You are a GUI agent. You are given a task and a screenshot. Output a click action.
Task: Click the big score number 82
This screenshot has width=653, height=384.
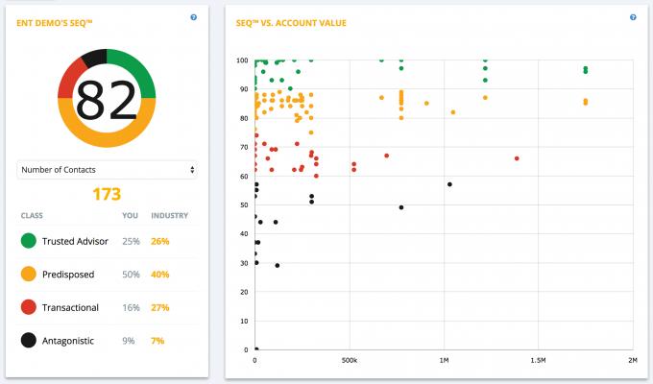[107, 98]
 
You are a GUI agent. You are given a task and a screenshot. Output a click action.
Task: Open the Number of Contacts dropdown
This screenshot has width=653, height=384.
[107, 170]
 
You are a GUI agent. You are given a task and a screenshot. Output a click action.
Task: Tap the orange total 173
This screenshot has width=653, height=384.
[107, 194]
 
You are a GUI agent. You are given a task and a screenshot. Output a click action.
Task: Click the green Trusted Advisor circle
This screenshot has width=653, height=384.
[28, 241]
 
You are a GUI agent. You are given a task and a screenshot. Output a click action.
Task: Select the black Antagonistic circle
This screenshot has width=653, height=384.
[28, 339]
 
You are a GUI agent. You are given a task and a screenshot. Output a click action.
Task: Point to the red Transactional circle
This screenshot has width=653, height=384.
[28, 306]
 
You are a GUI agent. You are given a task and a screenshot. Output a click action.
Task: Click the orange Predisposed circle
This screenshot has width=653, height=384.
[28, 274]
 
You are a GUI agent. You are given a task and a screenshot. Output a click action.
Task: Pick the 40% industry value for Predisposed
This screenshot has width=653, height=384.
[159, 274]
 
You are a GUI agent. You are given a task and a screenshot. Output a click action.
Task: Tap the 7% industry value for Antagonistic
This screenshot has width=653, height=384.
[158, 339]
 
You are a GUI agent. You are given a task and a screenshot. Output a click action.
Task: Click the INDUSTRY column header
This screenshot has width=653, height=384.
[169, 216]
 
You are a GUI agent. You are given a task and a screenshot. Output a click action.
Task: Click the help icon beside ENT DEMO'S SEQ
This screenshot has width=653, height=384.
[194, 17]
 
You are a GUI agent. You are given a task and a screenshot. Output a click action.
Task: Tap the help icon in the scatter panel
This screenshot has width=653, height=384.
[633, 17]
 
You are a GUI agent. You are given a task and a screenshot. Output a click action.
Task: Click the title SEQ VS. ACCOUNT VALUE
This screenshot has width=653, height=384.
[292, 22]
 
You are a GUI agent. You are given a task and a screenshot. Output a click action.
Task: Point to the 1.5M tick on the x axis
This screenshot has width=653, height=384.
[538, 360]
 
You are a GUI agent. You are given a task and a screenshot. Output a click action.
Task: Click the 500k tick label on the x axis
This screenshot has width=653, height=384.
[350, 360]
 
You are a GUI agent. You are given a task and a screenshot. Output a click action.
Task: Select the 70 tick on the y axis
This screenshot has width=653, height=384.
[243, 147]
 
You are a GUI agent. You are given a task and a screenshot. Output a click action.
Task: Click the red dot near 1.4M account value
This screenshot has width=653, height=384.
[517, 158]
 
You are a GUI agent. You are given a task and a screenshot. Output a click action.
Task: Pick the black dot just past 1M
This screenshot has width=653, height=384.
[449, 184]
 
